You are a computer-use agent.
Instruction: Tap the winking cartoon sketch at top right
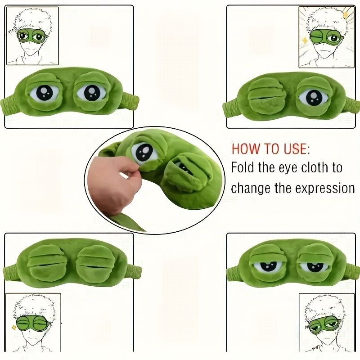326,35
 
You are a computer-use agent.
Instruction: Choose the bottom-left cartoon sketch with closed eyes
32,322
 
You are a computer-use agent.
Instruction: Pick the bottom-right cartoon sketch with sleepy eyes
326,322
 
